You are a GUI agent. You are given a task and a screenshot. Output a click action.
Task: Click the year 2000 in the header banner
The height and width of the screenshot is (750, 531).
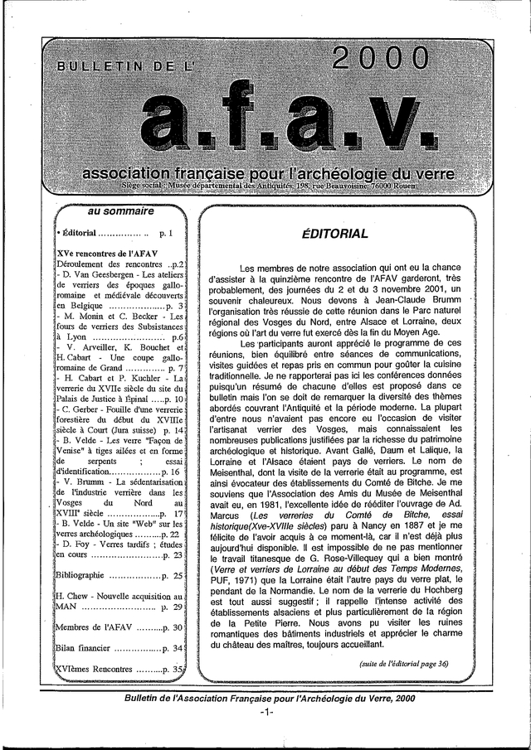tap(381, 59)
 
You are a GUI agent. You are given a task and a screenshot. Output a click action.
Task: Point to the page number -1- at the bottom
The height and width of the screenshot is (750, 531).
tap(265, 714)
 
